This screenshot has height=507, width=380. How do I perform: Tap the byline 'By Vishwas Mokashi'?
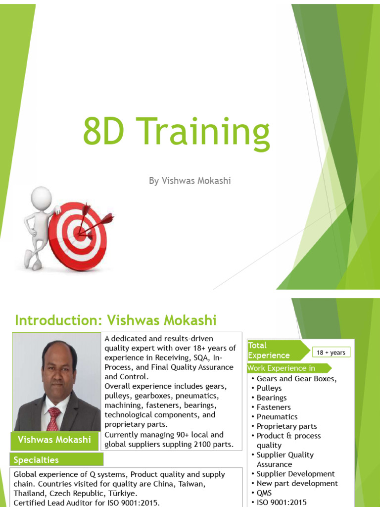pos(190,181)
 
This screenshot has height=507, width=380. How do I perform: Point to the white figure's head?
pos(41,197)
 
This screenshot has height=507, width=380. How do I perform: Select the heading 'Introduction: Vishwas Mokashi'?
pos(116,320)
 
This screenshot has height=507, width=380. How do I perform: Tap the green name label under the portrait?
pos(54,439)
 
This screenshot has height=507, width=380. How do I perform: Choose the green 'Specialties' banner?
pos(36,460)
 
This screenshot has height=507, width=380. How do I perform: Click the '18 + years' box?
pos(331,353)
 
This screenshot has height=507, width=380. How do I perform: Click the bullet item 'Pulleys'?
pos(269,388)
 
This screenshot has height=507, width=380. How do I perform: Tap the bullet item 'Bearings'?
pos(272,398)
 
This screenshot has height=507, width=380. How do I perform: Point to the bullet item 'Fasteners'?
pos(274,407)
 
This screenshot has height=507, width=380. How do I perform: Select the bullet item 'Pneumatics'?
pos(277,416)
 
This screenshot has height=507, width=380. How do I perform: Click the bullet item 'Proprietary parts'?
pos(286,426)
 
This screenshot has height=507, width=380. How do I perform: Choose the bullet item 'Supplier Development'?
pos(295,474)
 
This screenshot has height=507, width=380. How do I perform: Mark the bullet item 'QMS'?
pos(264,493)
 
